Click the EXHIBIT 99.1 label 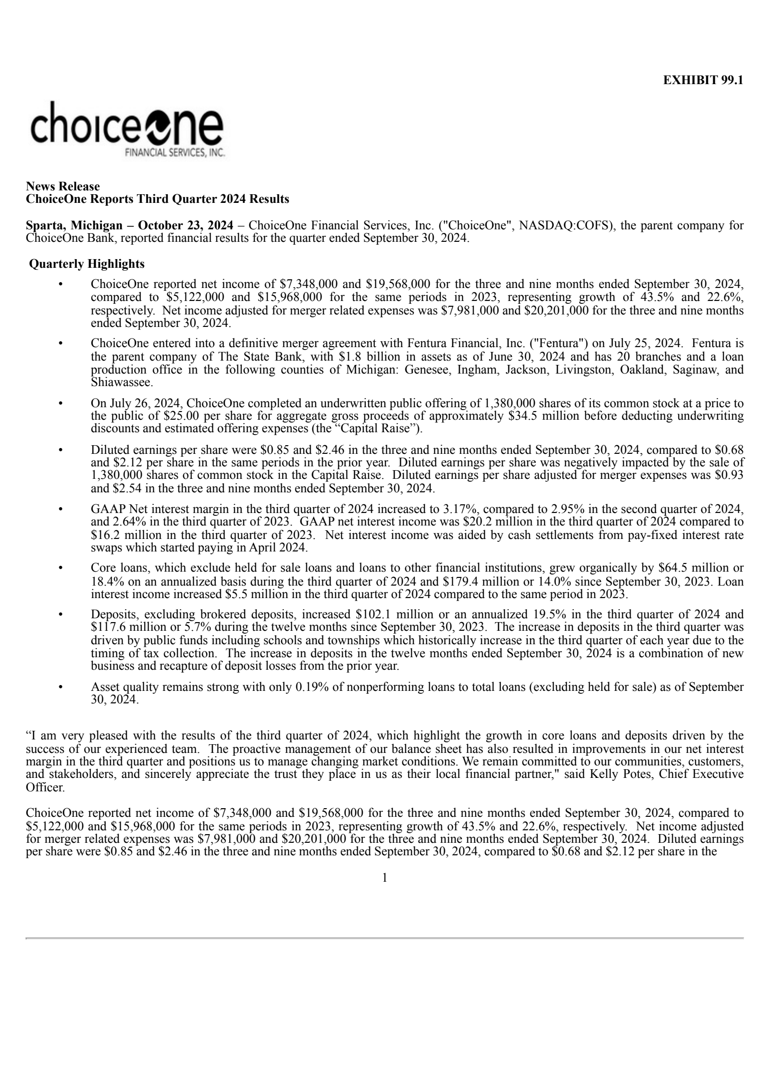tap(703, 80)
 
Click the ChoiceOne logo tap(127, 129)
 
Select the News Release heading tap(62, 186)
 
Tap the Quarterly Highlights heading tap(87, 264)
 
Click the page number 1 tap(384, 878)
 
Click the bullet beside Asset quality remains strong tap(61, 688)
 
